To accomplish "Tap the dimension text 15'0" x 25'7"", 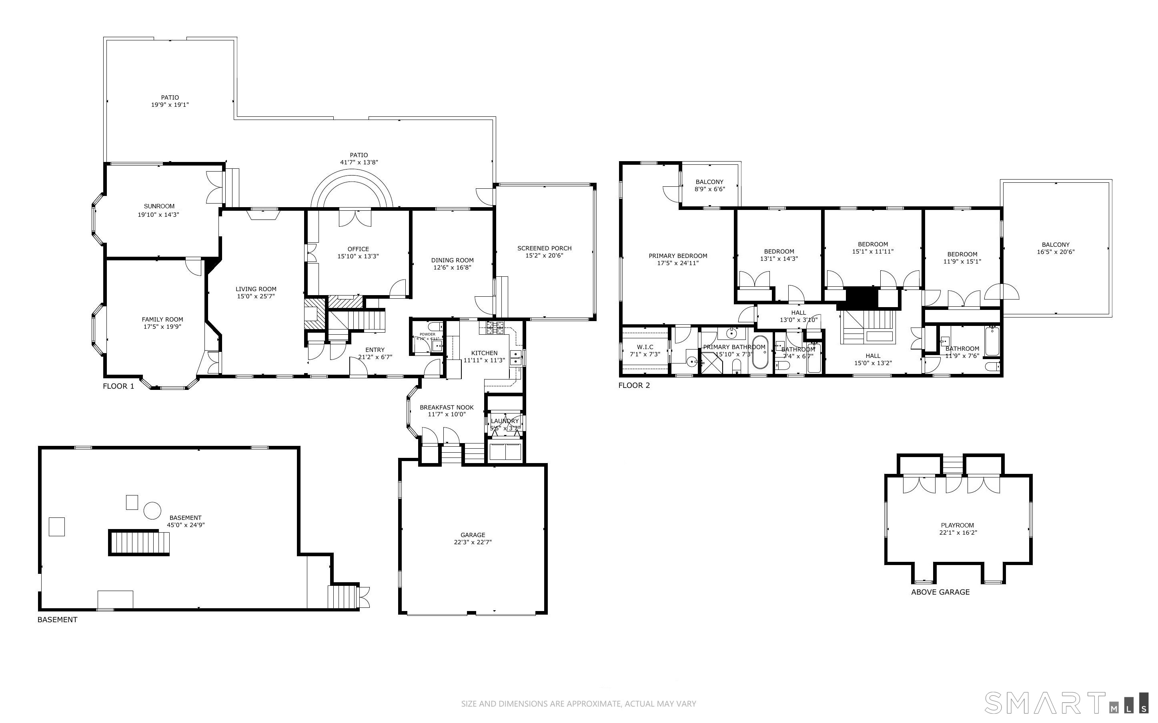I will (x=256, y=296).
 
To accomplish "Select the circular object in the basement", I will (x=152, y=510).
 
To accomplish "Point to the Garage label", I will (x=473, y=535).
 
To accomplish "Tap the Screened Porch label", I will (x=544, y=248).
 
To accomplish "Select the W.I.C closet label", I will (x=645, y=347).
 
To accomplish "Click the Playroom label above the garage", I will (x=957, y=525).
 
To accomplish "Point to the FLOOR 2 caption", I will (x=634, y=385).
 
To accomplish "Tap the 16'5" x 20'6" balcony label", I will (x=1056, y=252).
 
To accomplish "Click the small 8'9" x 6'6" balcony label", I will (x=709, y=189).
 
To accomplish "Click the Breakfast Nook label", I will (x=447, y=407).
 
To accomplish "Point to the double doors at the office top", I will (x=355, y=218).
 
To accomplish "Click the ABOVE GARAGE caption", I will (x=940, y=592).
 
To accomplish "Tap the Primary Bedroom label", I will (x=678, y=256).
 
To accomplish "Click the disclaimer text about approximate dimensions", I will (x=578, y=704).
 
